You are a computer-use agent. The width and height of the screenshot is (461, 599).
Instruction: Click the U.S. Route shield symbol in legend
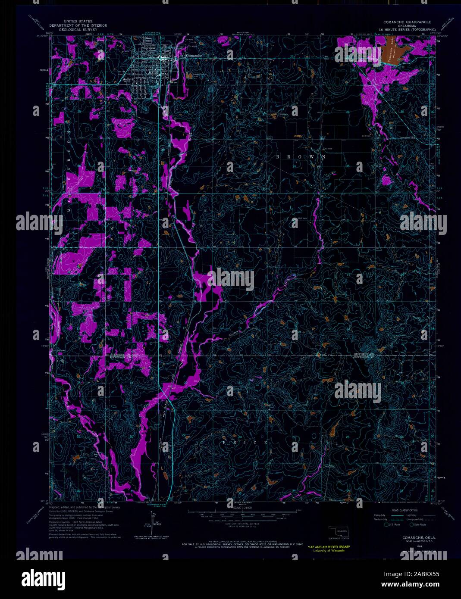coord(386,524)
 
